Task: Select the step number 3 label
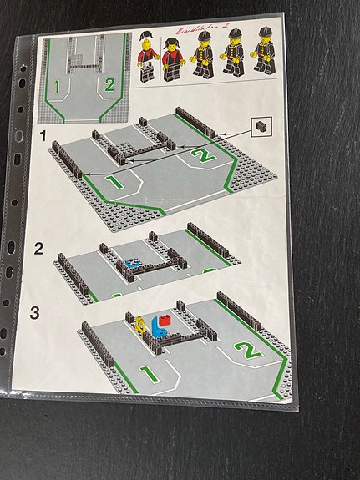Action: [35, 313]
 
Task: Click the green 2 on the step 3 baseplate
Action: [243, 350]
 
